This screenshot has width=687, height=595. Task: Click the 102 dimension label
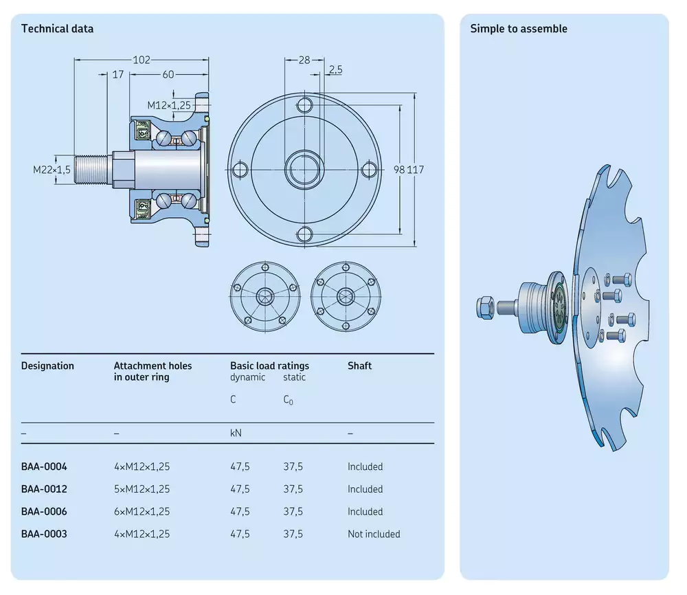(142, 60)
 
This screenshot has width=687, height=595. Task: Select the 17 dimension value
(118, 74)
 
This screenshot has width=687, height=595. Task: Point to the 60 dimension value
(168, 74)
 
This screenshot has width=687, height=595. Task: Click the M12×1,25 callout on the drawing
(169, 105)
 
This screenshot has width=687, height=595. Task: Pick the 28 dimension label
(304, 60)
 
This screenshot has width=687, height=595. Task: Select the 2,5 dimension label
(336, 69)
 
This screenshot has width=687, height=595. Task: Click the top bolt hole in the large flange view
(304, 105)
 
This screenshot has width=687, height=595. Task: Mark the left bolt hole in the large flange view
(240, 170)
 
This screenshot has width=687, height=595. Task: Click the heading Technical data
(57, 29)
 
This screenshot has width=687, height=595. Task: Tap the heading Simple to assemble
(519, 29)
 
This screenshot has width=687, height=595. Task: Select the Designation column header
(47, 366)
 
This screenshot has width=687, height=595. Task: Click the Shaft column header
(359, 366)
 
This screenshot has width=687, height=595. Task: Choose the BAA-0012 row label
(44, 489)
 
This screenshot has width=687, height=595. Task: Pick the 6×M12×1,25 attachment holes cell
(142, 511)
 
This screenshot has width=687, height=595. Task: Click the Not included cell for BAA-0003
(374, 534)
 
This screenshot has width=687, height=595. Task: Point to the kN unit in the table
(236, 433)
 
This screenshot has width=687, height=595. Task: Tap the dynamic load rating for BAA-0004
(240, 467)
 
